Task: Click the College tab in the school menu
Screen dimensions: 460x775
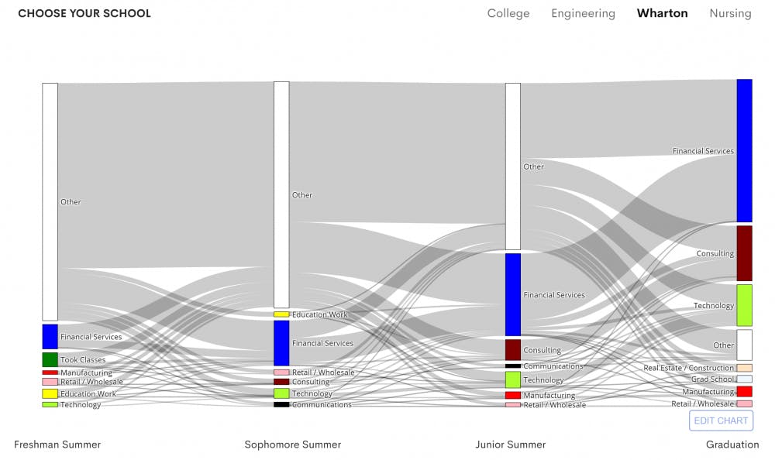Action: click(x=508, y=13)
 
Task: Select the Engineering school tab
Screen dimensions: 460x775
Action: click(x=583, y=13)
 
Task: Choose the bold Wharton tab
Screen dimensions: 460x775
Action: click(x=662, y=13)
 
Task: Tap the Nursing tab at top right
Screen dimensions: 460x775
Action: click(x=730, y=13)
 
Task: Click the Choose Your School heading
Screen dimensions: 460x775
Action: click(x=84, y=13)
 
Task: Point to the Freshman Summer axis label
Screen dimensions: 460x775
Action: click(x=57, y=445)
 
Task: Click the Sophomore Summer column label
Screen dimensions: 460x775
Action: click(x=292, y=445)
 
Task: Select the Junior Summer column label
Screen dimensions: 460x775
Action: click(x=510, y=445)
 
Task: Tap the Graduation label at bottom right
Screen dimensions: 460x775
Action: click(x=732, y=445)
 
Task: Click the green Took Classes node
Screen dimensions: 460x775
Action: click(x=50, y=359)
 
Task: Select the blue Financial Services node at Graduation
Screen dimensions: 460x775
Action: click(x=744, y=150)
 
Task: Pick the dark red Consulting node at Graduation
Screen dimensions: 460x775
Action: click(x=744, y=253)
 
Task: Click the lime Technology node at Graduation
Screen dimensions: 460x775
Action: click(x=744, y=305)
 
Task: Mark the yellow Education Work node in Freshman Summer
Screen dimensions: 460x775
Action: click(x=50, y=393)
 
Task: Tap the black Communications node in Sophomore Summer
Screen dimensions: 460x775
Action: click(x=281, y=404)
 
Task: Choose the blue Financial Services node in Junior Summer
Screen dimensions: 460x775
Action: click(x=513, y=294)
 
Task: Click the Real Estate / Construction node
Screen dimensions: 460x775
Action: click(x=744, y=368)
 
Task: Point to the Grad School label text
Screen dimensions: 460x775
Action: click(x=711, y=379)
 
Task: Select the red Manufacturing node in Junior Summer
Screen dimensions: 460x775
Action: click(x=513, y=395)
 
